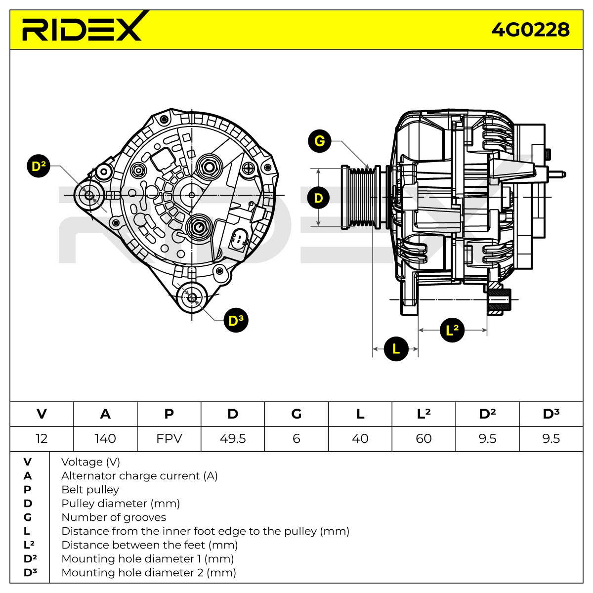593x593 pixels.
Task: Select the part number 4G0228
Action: click(530, 30)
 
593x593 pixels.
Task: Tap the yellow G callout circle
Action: click(319, 141)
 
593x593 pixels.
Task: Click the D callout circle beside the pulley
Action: click(319, 198)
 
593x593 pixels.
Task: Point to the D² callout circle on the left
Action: click(39, 166)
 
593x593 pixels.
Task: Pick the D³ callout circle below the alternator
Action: click(236, 320)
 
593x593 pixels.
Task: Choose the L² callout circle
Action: click(452, 330)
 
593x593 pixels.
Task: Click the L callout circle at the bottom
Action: click(396, 349)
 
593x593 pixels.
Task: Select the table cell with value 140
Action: click(105, 438)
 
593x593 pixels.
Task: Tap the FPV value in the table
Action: click(169, 438)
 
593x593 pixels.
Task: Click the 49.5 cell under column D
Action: click(233, 438)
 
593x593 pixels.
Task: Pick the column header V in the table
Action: click(42, 414)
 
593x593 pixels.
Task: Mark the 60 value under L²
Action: click(424, 438)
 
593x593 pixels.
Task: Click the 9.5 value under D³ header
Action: click(551, 438)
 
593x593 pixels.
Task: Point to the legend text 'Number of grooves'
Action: click(114, 517)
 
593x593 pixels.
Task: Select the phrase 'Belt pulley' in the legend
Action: click(90, 490)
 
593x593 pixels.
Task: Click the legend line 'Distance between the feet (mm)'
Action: click(150, 545)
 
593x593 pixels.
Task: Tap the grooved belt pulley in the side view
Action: click(361, 198)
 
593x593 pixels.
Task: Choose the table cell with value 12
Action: click(42, 438)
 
